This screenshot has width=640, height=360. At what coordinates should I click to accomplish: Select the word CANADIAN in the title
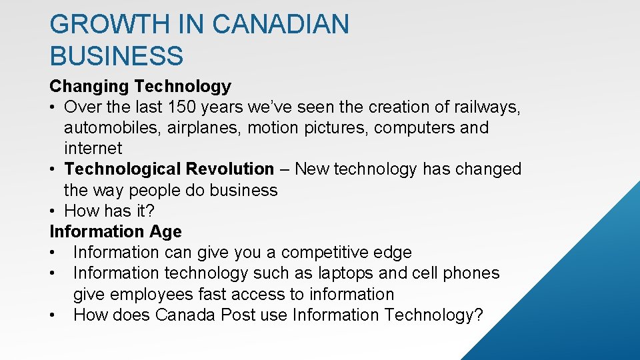(x=281, y=25)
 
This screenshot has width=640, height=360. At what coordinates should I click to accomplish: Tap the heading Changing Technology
(x=140, y=86)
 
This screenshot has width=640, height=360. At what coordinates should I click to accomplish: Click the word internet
(x=93, y=148)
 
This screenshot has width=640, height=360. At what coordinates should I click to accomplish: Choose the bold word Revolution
(x=230, y=169)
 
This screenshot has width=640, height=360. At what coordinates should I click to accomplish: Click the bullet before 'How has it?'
(x=53, y=211)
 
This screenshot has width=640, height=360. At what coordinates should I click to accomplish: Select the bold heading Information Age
(x=115, y=231)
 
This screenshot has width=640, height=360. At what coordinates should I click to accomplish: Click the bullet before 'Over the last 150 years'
(x=53, y=107)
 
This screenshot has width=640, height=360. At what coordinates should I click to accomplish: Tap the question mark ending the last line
(x=477, y=315)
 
